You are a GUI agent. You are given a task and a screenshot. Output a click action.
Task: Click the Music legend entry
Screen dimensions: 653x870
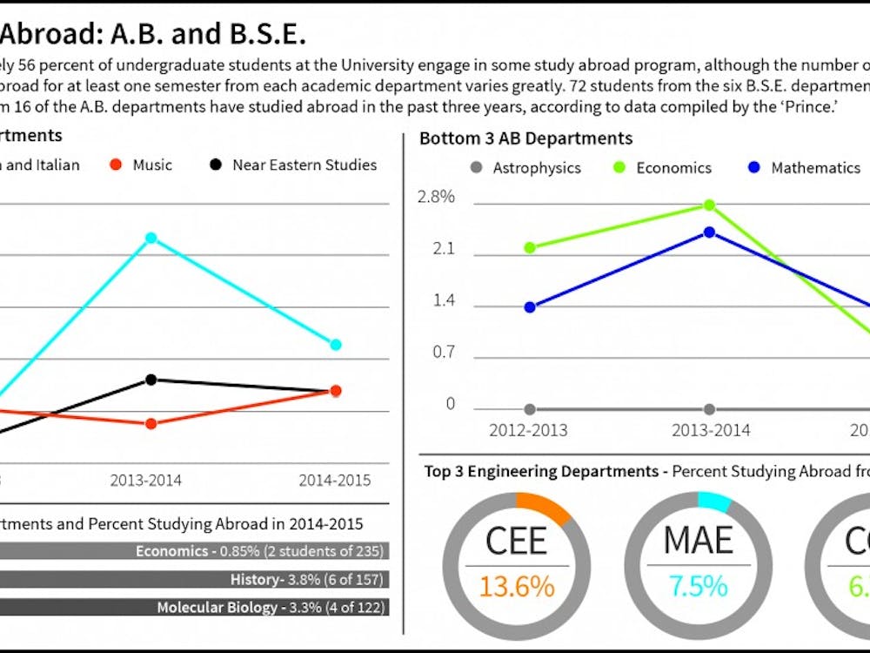[x=142, y=165]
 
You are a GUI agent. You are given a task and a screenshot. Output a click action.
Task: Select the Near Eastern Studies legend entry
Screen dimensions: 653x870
[x=292, y=165]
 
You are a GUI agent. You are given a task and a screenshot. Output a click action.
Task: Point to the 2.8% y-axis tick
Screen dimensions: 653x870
[x=437, y=197]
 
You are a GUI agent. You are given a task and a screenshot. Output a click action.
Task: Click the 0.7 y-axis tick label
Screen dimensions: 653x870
[x=444, y=353]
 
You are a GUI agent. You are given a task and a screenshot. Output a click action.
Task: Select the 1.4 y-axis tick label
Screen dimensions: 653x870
[x=444, y=302]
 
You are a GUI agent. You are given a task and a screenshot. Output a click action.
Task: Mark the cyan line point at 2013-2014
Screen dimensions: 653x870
[x=151, y=238]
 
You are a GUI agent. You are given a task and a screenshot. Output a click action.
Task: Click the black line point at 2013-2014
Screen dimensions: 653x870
[x=151, y=380]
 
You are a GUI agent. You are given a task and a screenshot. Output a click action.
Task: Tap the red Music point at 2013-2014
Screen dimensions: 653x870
[x=151, y=423]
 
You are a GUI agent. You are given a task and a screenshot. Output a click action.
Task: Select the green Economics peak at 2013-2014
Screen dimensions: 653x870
[x=709, y=205]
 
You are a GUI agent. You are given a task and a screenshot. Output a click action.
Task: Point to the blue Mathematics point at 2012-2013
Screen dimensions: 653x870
[x=530, y=306]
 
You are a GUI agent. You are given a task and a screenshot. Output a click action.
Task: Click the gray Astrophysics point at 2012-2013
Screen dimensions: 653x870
[x=530, y=409]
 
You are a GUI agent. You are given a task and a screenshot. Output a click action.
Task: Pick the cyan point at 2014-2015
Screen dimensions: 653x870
[x=336, y=345]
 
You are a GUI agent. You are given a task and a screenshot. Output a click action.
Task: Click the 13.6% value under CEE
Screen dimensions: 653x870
[x=516, y=586]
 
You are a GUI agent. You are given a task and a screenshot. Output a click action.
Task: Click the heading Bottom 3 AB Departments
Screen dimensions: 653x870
[x=525, y=138]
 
